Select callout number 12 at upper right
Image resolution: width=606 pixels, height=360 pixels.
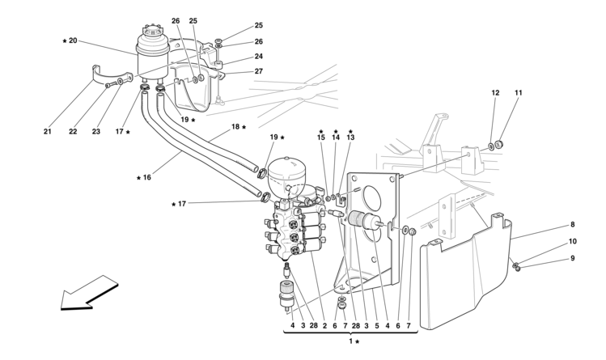click(x=495, y=93)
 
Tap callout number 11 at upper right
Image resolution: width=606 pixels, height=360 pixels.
click(x=519, y=93)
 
